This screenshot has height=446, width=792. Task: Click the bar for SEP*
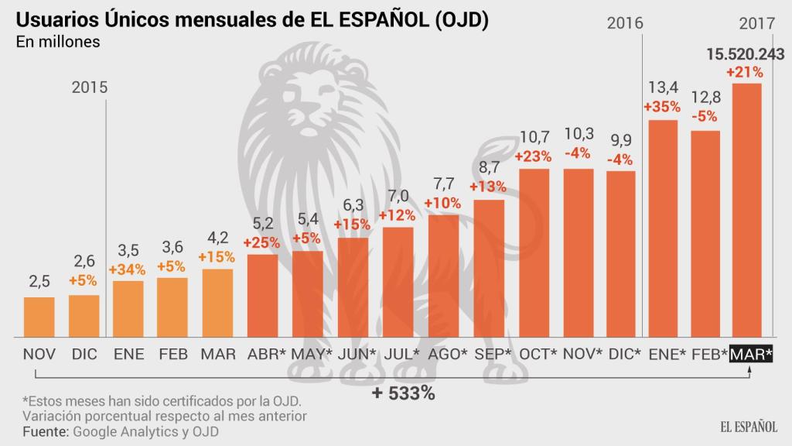click(x=489, y=269)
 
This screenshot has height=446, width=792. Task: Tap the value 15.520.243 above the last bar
click(x=746, y=54)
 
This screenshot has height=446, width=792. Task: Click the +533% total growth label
click(x=402, y=393)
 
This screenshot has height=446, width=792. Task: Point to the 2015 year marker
click(x=90, y=87)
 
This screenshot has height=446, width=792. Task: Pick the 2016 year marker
click(x=626, y=23)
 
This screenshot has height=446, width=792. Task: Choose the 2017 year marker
click(x=757, y=23)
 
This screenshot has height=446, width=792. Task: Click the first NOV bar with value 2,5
click(x=39, y=317)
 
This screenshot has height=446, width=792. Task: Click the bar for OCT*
click(x=534, y=252)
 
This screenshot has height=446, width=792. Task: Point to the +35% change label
click(x=663, y=106)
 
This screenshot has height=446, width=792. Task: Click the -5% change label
click(x=705, y=117)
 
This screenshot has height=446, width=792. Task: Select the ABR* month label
click(x=265, y=354)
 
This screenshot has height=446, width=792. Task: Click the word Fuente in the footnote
click(x=44, y=431)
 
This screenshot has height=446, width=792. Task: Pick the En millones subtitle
click(x=58, y=43)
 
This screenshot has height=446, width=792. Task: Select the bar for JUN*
click(x=353, y=287)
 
